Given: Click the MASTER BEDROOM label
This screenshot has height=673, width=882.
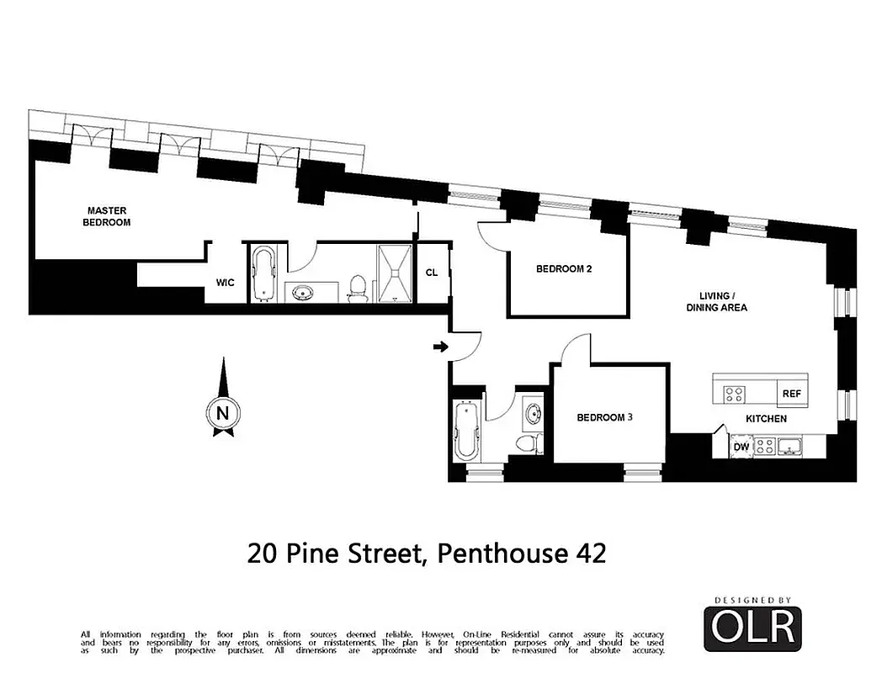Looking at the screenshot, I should [x=109, y=216].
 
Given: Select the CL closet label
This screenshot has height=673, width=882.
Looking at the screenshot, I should [x=431, y=272].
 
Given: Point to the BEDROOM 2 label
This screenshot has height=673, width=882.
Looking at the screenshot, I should [x=565, y=269].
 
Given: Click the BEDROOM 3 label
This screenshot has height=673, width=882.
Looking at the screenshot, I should [x=604, y=417].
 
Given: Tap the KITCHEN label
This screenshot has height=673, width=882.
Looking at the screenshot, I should [x=766, y=418].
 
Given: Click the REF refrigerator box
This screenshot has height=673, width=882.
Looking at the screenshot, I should [x=791, y=393].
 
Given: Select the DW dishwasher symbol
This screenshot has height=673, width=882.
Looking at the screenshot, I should [x=741, y=447].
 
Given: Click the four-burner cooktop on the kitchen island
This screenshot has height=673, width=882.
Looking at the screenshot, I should [x=734, y=393].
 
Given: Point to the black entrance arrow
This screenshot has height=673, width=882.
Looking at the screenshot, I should [x=439, y=347].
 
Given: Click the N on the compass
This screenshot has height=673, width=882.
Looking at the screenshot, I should [x=222, y=413].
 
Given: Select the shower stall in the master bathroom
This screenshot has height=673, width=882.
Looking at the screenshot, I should [x=393, y=273].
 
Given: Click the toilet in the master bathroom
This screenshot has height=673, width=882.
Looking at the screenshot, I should [x=358, y=287].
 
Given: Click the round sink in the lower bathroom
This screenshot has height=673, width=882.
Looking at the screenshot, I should [x=533, y=414].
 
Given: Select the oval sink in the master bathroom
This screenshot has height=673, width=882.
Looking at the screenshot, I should [x=302, y=293].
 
